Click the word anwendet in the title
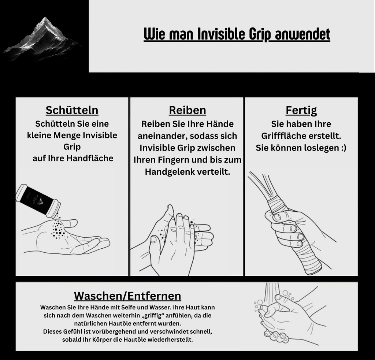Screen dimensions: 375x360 [x=302, y=34]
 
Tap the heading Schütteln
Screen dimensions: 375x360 [x=72, y=110]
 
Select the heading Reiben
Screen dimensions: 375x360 [x=187, y=110]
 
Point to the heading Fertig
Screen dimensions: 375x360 [x=301, y=111]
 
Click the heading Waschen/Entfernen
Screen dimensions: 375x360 [x=127, y=296]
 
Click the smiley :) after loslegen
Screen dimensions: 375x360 [x=343, y=148]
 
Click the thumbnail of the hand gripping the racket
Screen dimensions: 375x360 [x=278, y=217]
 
